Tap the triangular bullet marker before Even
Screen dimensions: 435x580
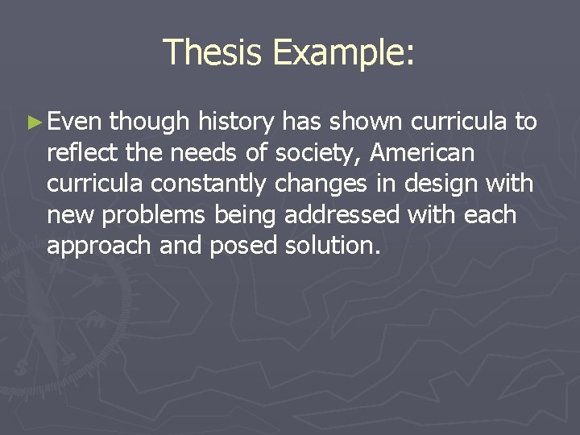click(x=33, y=123)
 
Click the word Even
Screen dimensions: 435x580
click(x=74, y=122)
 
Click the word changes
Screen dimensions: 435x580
click(x=316, y=184)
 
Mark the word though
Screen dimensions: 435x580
click(x=148, y=122)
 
